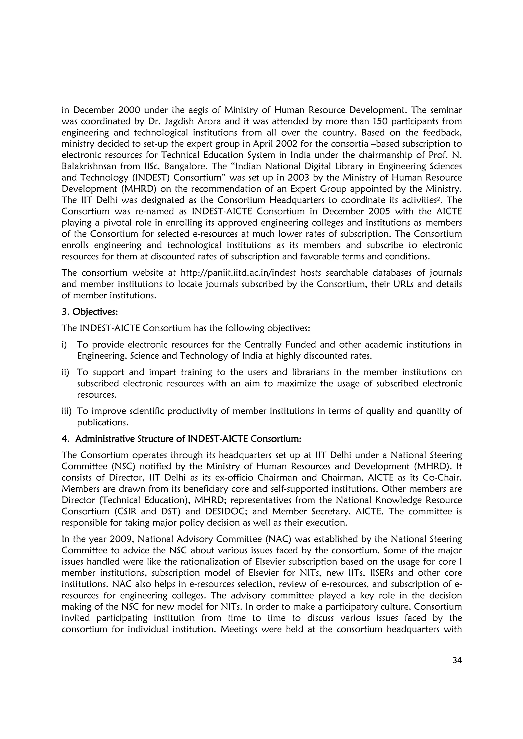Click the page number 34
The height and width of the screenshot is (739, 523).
coord(457,660)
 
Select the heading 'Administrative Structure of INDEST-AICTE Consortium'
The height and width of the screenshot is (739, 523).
coord(188,439)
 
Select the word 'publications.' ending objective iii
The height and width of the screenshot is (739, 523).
coord(102,423)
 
